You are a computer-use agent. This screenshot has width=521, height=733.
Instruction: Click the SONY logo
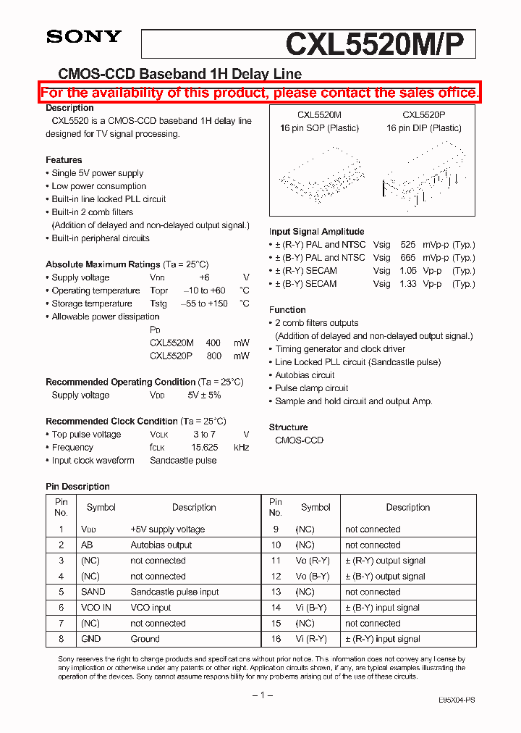point(84,37)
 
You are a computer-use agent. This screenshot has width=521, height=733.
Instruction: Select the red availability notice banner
point(259,93)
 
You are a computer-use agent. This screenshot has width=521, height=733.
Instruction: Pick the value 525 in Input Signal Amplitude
point(407,245)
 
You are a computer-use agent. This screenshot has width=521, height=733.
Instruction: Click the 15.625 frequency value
point(204,448)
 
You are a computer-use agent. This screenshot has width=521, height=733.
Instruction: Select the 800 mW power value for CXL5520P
point(213,356)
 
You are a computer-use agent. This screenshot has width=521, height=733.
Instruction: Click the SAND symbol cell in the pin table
point(93,592)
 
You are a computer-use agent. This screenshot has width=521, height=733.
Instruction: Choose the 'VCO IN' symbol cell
point(96,608)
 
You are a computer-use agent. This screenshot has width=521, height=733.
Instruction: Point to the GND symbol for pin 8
point(91,639)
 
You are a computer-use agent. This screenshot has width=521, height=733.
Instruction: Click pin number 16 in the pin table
point(275,639)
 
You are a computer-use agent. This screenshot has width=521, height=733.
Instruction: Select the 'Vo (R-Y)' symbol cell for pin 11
point(312,561)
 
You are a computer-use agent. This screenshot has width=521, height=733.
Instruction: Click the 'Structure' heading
point(288,427)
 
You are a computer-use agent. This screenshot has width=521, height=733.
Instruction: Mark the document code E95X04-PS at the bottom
point(457,700)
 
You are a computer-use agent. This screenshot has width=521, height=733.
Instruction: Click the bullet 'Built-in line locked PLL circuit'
point(109,199)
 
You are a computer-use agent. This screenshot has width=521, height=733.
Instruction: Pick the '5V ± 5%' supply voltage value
point(204,395)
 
